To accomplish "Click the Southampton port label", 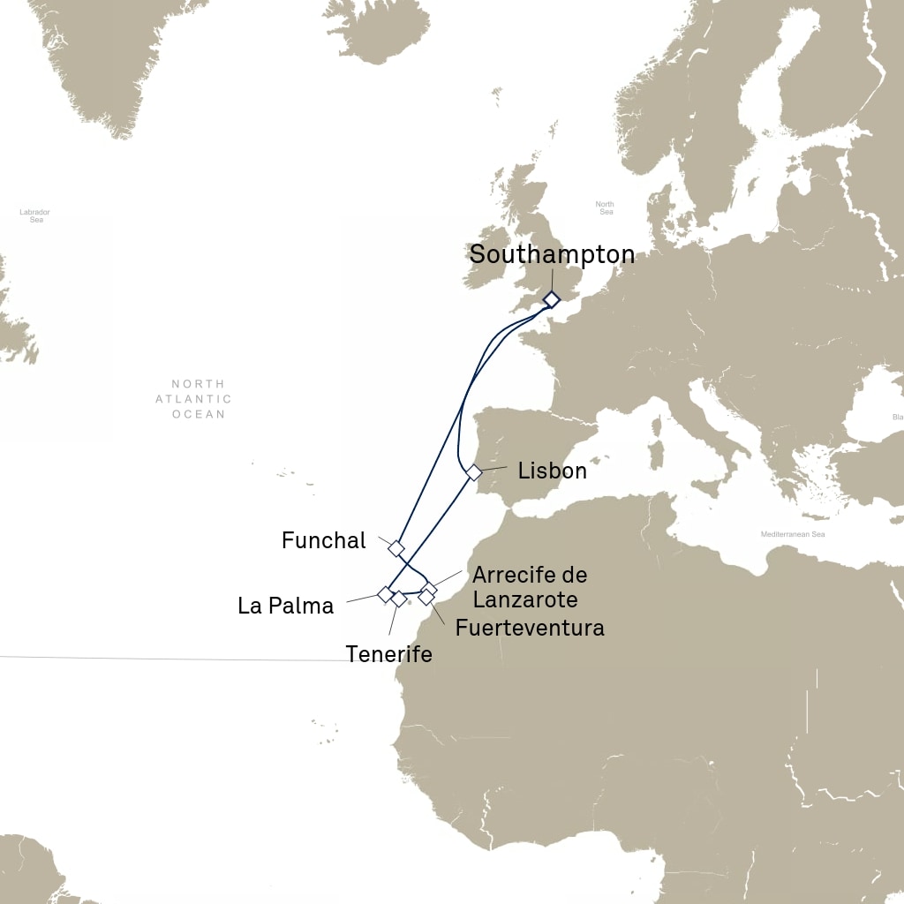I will tap(552, 254).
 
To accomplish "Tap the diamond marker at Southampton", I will tap(551, 299).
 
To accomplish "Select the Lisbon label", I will tap(552, 471).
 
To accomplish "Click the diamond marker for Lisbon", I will tap(474, 472).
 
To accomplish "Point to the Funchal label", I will tap(323, 540).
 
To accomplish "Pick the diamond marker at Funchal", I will tap(396, 548).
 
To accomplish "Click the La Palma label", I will tap(286, 606).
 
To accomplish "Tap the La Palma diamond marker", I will tap(385, 594).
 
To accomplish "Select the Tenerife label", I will tap(389, 654).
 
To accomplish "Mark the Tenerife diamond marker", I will tap(399, 599).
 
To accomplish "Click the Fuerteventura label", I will tap(530, 628).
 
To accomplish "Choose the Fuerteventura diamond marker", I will tap(426, 598).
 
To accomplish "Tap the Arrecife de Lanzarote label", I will tap(530, 586).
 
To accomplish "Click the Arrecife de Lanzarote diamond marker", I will tap(430, 589).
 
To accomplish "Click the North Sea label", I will tap(605, 208).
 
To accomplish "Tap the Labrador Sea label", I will tap(35, 215).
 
